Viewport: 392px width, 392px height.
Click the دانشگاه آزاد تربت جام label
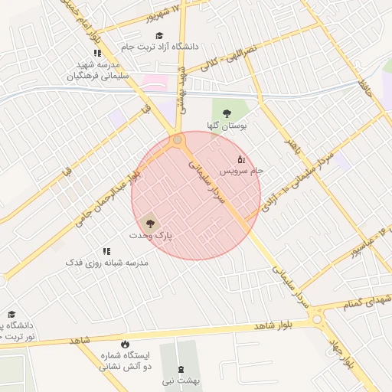[x=166, y=47]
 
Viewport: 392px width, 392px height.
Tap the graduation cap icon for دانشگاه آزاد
[x=159, y=35]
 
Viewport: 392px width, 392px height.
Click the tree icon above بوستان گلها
[x=227, y=113]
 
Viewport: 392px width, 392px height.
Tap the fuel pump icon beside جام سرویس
[x=241, y=159]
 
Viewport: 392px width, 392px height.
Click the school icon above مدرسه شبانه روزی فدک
[x=106, y=251]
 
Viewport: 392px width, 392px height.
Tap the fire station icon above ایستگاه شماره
[x=125, y=345]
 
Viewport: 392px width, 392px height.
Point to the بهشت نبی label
[x=180, y=380]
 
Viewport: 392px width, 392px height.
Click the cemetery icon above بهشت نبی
[x=181, y=369]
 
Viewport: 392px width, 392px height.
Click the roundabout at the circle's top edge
[x=178, y=140]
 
